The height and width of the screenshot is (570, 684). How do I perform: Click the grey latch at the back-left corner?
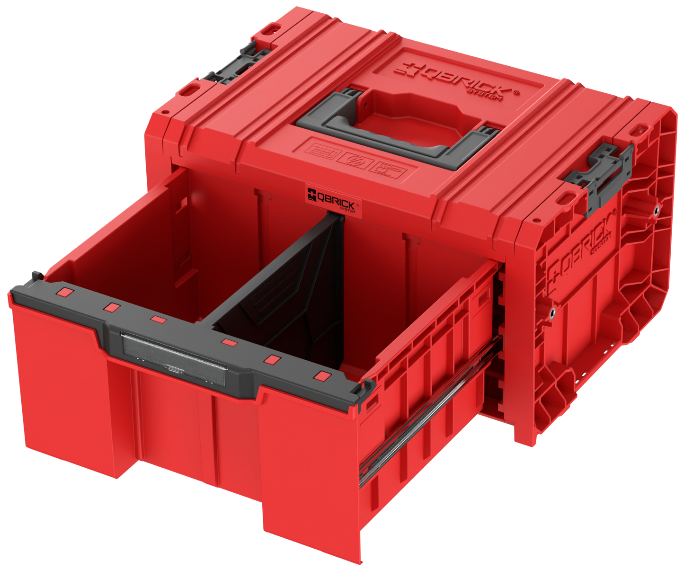coord(234,64)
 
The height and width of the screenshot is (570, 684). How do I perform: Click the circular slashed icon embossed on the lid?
coord(355,159)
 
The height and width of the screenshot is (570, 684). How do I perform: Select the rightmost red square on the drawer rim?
coord(323,376)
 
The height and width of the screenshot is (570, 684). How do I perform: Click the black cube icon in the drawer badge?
coord(311,195)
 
